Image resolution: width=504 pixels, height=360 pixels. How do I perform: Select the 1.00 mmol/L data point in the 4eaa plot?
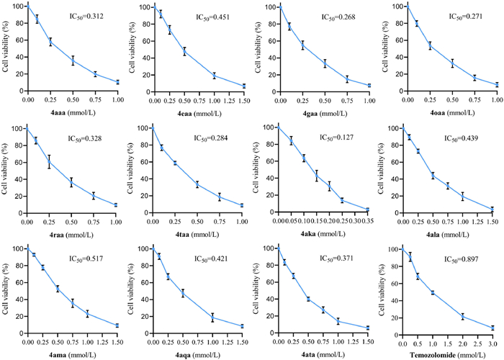[x=194, y=75]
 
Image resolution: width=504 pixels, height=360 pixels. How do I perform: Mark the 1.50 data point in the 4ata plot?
[x=366, y=328]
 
